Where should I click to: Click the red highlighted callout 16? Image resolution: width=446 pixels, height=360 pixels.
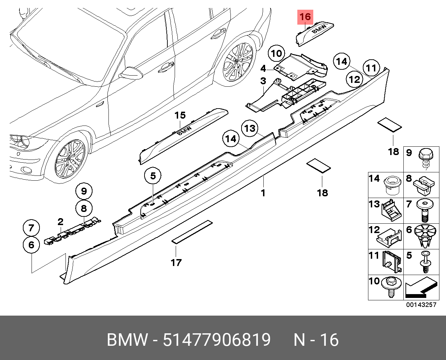[x=305, y=17]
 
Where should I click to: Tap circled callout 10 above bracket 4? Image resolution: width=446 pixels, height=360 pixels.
[x=276, y=53]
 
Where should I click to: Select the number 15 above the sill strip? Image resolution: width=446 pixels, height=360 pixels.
[x=180, y=115]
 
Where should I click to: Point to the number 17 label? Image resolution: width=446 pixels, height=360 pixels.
[x=176, y=263]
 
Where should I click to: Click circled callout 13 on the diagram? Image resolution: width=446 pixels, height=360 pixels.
[x=250, y=129]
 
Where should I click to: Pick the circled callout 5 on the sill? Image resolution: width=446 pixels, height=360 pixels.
[x=153, y=176]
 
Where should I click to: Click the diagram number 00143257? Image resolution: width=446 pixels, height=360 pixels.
[x=421, y=305]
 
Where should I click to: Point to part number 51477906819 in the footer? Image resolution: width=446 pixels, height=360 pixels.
[x=217, y=340]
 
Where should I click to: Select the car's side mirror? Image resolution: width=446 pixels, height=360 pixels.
[x=131, y=72]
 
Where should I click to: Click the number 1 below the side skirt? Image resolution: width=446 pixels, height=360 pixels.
[x=263, y=192]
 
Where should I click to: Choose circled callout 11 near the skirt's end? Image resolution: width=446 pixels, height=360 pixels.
[x=371, y=68]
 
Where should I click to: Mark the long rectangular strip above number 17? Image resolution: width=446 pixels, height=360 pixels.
[x=192, y=231]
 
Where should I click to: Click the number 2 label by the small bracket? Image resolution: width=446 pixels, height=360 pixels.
[x=60, y=222]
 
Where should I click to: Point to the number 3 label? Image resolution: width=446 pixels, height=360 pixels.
[x=263, y=81]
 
